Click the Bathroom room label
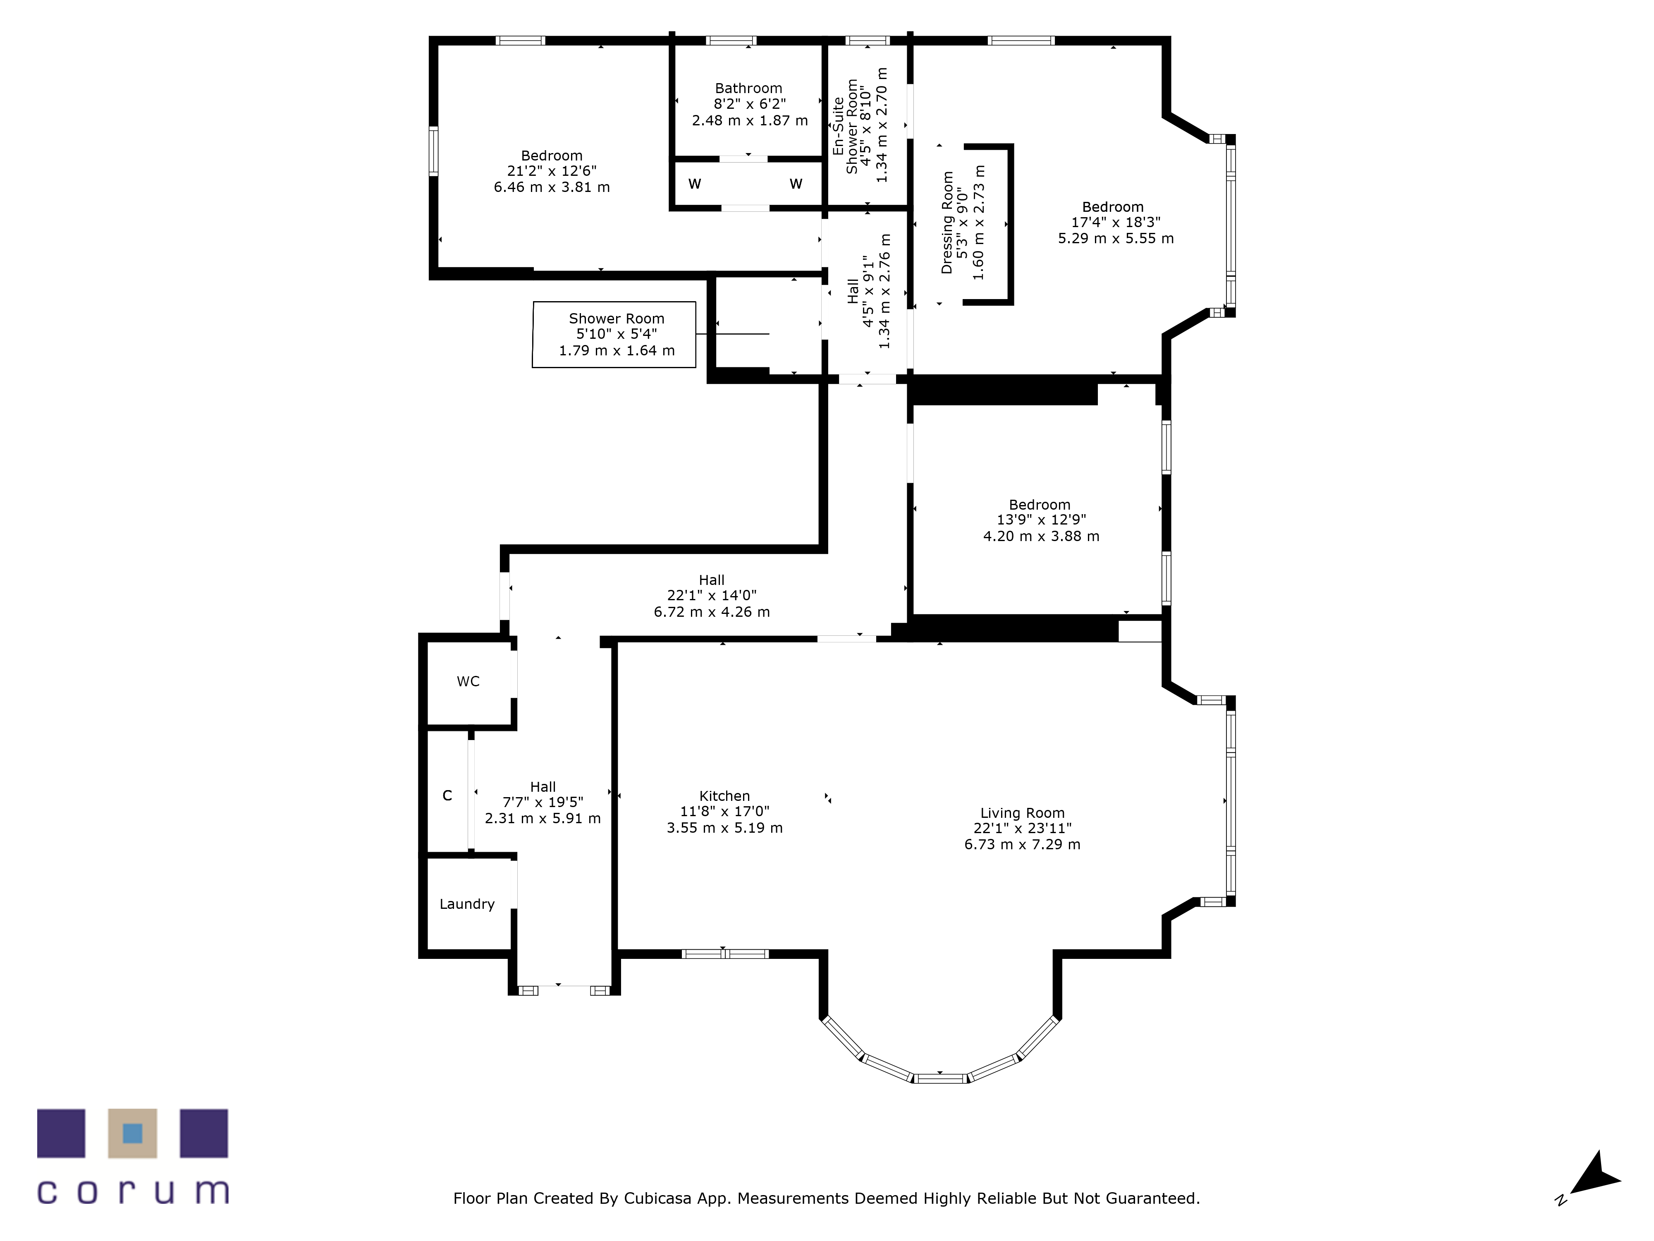748,88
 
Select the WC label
468,681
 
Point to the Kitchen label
724,796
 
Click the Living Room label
1022,813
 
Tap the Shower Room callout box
614,334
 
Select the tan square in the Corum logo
132,1133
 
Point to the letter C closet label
447,795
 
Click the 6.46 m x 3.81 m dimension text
552,187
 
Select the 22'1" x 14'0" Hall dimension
712,595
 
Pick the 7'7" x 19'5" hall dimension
543,803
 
